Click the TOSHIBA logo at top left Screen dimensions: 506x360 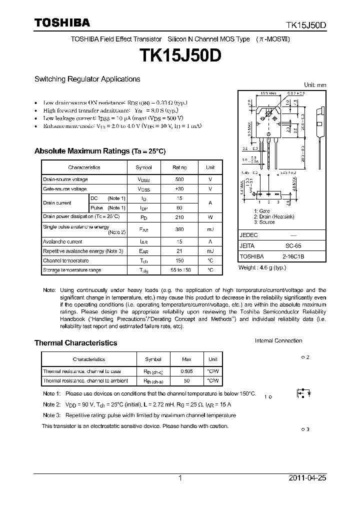pyautogui.click(x=62, y=22)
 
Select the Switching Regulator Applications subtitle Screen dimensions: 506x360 pyautogui.click(x=87, y=79)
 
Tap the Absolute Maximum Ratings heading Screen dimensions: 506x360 pyautogui.click(x=99, y=151)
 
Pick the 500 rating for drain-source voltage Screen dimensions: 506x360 pyautogui.click(x=179, y=179)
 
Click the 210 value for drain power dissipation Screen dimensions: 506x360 pyautogui.click(x=179, y=217)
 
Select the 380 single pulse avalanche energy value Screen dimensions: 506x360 pyautogui.click(x=179, y=229)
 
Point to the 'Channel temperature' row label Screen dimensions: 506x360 pyautogui.click(x=66, y=260)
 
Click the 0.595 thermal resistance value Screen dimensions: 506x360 pyautogui.click(x=186, y=371)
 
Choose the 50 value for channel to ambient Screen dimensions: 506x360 pyautogui.click(x=186, y=381)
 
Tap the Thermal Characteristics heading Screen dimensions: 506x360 pyautogui.click(x=75, y=343)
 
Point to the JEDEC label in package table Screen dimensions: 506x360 pyautogui.click(x=249, y=234)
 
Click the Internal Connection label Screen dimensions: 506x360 pyautogui.click(x=278, y=341)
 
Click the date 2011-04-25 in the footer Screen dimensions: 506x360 pyautogui.click(x=307, y=478)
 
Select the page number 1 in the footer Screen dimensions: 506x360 pyautogui.click(x=180, y=478)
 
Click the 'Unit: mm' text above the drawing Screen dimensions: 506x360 pyautogui.click(x=315, y=85)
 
